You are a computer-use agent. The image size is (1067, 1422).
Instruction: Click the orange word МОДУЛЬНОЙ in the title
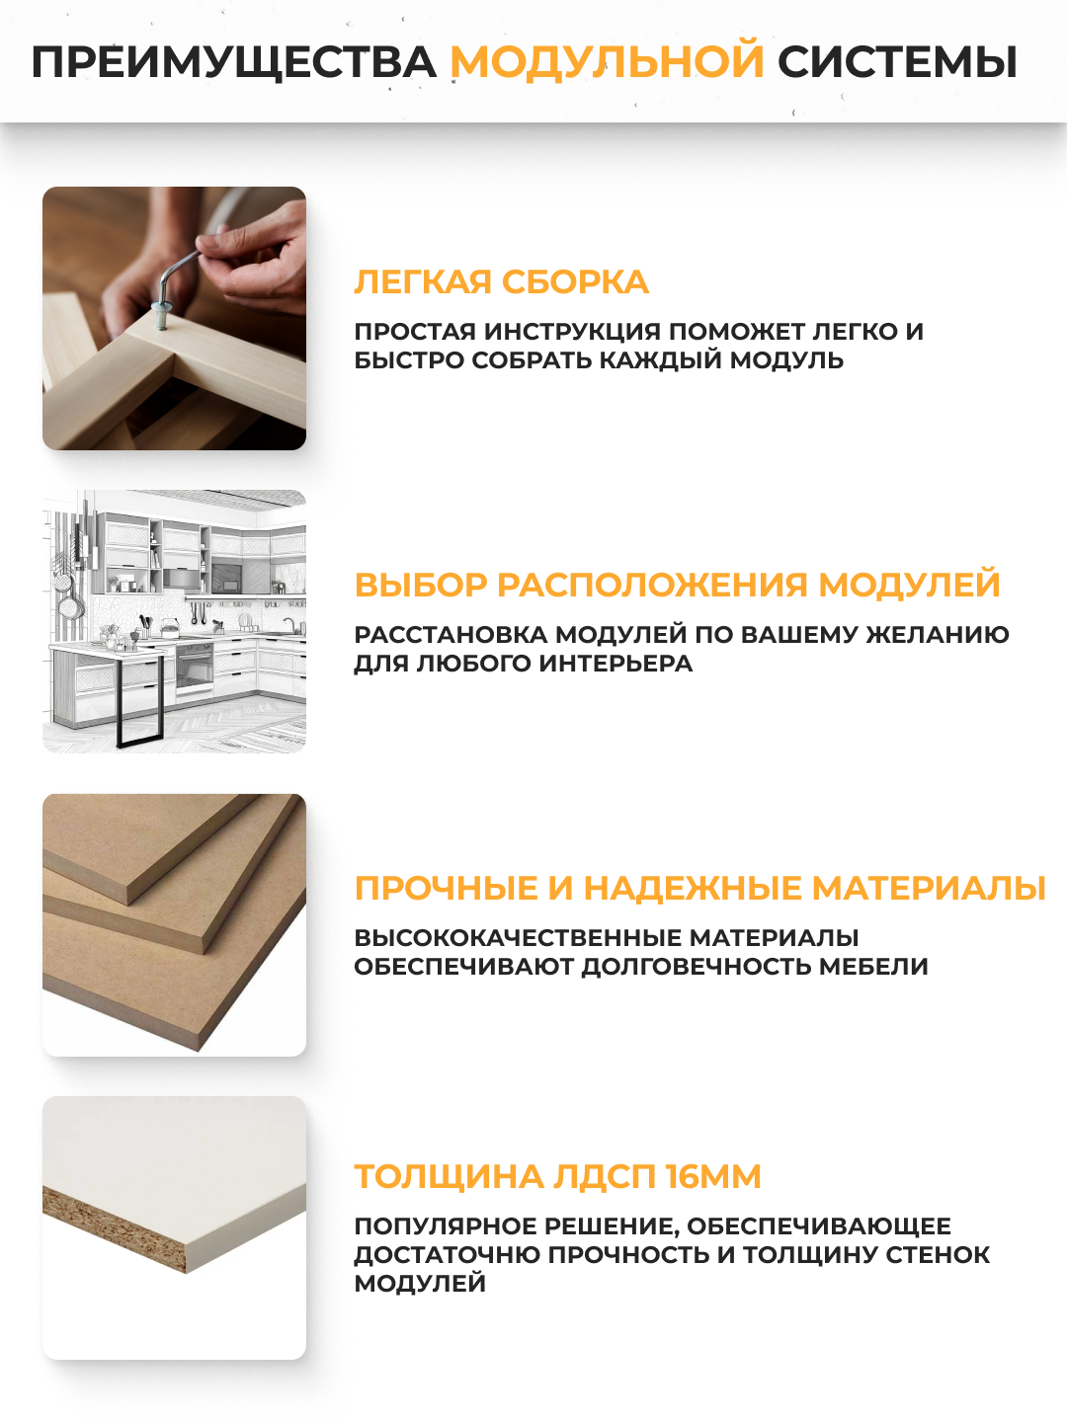coord(607,62)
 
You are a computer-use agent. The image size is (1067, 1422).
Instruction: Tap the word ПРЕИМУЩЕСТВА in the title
coord(233,62)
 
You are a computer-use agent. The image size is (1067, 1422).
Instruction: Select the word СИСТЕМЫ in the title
coord(897,62)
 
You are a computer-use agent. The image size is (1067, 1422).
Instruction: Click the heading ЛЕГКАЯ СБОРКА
coord(501,282)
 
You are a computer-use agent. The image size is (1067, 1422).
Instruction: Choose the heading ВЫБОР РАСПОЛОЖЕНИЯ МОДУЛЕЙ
coord(677,585)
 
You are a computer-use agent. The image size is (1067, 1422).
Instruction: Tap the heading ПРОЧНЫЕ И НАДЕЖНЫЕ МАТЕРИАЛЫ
coord(699,888)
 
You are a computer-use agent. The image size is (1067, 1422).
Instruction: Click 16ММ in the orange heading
coord(712,1177)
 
